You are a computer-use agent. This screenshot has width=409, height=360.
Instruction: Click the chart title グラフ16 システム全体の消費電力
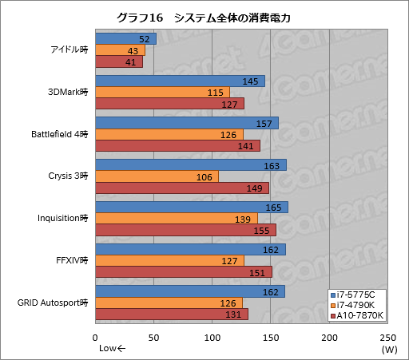204,16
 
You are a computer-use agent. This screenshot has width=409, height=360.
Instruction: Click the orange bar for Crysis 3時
156,176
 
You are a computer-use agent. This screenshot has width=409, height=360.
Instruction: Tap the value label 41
132,61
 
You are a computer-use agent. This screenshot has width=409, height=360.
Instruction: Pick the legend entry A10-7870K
359,316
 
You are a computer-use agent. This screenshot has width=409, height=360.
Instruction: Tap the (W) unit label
389,349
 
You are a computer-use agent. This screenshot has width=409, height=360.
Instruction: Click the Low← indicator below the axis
113,349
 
